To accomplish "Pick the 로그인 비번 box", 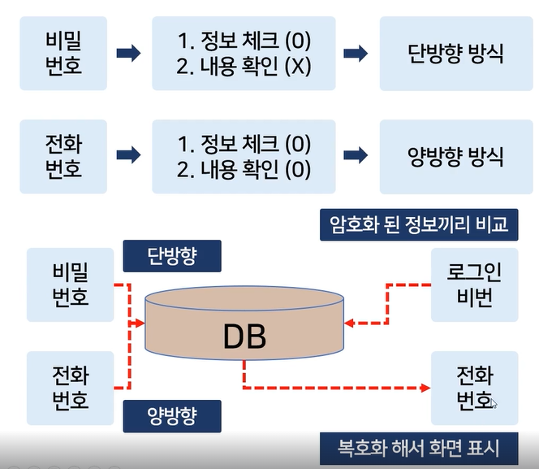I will pyautogui.click(x=475, y=287).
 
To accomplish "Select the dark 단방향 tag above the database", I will pyautogui.click(x=171, y=257).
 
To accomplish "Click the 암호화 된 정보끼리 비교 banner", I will pyautogui.click(x=419, y=224).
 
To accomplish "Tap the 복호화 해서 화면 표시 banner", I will pyautogui.click(x=419, y=446).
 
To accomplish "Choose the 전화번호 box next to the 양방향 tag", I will pyautogui.click(x=69, y=386).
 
